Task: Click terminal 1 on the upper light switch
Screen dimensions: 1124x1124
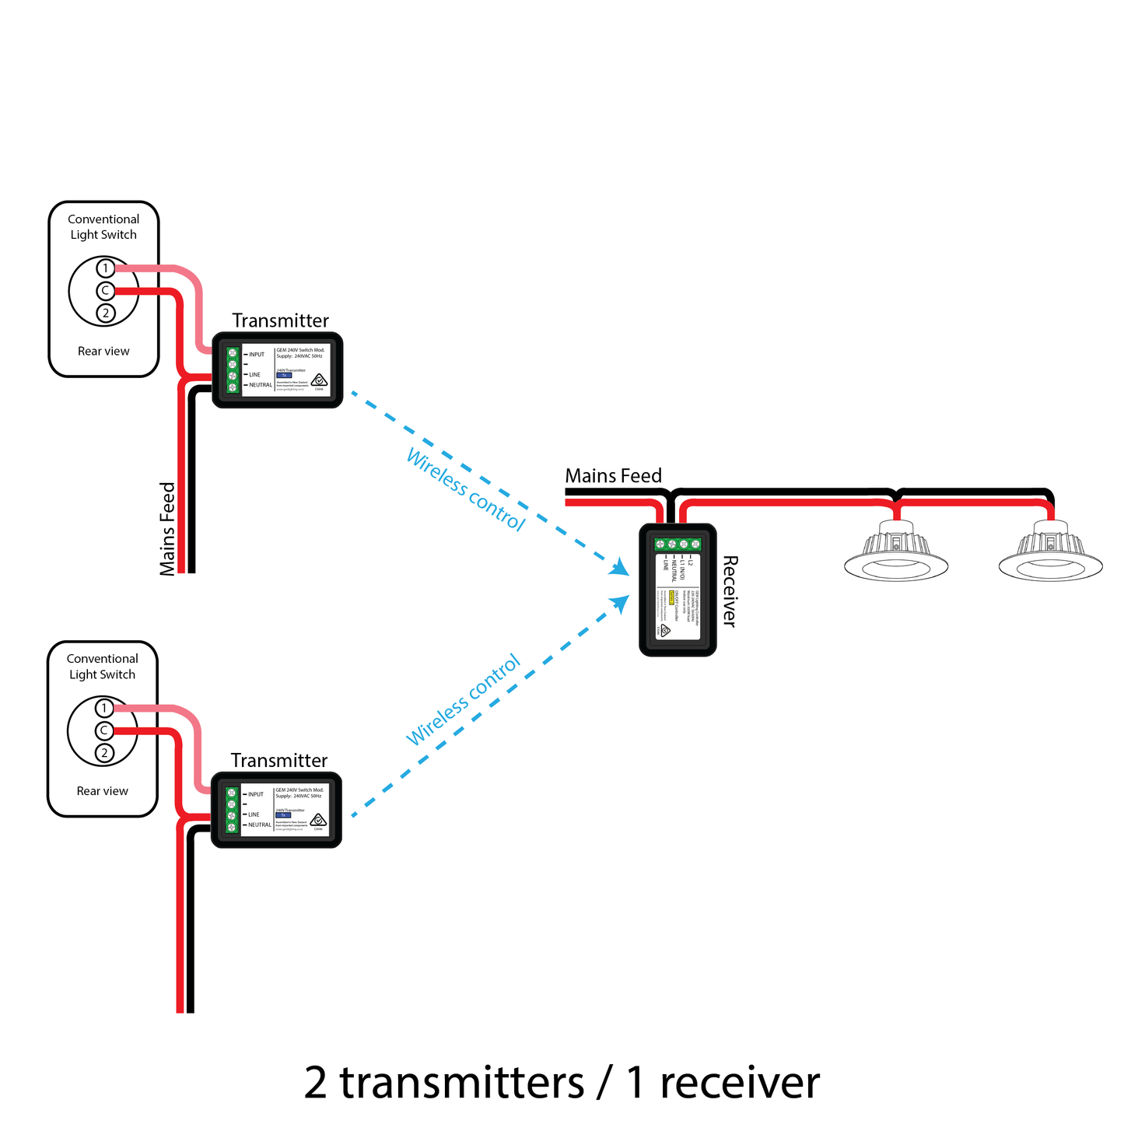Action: [x=106, y=269]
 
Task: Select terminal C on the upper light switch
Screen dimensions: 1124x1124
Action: [x=106, y=291]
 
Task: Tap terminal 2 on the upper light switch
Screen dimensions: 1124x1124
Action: [x=106, y=313]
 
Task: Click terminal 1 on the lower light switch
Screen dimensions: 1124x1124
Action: [x=104, y=709]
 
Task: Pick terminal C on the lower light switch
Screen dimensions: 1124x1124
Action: [x=104, y=730]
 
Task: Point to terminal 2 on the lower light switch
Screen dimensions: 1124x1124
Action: [x=104, y=753]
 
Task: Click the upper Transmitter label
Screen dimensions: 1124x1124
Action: [x=280, y=320]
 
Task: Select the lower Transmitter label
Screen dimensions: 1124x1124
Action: [x=278, y=761]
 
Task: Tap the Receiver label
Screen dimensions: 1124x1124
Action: [x=729, y=591]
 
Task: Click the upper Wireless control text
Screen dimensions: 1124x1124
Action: [x=465, y=490]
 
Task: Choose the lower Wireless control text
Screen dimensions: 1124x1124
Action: [x=464, y=701]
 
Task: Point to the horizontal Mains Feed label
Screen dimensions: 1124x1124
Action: [x=613, y=476]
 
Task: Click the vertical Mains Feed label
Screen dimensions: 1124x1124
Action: [x=168, y=529]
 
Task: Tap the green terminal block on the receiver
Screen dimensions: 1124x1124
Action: [x=678, y=544]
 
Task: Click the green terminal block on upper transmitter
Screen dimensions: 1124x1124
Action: [x=232, y=370]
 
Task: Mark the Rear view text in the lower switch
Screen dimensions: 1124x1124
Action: [x=103, y=791]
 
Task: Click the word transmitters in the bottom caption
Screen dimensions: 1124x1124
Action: [x=461, y=1082]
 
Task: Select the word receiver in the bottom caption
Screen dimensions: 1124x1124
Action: [x=740, y=1082]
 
